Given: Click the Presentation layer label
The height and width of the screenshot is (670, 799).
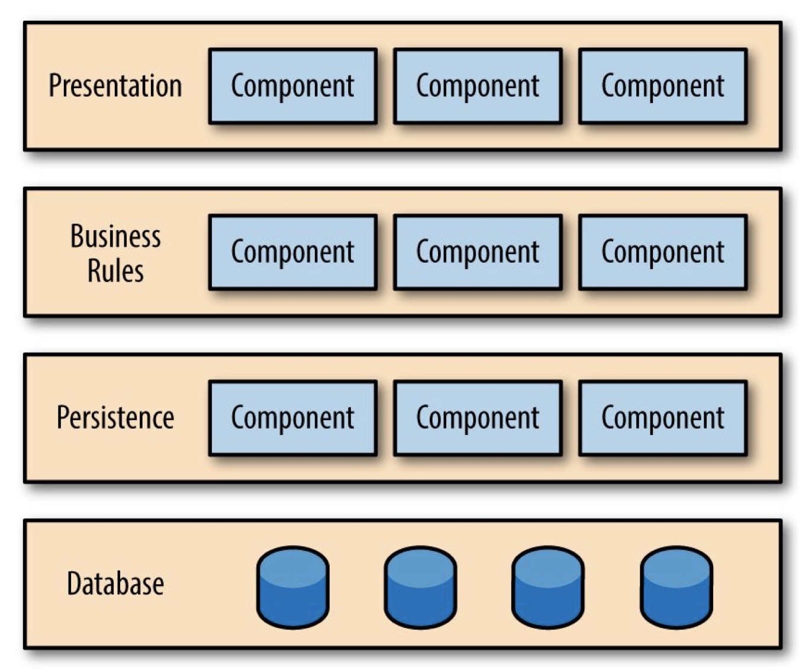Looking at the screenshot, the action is (115, 86).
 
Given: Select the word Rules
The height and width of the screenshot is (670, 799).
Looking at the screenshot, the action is (115, 270).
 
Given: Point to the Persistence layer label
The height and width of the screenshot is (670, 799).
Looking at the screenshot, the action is (115, 417).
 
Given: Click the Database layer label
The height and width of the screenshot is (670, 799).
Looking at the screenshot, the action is (115, 584).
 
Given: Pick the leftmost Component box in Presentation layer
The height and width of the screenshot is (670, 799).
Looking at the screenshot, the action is (293, 86).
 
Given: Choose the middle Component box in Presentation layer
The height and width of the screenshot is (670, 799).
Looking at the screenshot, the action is (478, 86).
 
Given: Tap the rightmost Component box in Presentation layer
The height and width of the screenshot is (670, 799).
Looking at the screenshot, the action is (663, 86).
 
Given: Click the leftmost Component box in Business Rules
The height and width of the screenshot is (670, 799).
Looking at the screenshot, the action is (293, 252).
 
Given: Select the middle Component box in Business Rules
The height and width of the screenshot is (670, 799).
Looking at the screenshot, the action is (478, 252).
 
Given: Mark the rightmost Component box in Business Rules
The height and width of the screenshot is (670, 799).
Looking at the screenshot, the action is (663, 252).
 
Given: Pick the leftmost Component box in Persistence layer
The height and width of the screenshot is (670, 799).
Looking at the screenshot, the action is (293, 418).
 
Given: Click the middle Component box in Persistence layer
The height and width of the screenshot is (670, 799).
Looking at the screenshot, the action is (478, 418).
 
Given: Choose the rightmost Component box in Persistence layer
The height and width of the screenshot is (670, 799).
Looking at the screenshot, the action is (663, 418).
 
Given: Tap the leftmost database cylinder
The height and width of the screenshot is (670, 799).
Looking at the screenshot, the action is (293, 587).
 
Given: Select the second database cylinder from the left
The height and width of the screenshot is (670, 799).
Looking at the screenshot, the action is (421, 587).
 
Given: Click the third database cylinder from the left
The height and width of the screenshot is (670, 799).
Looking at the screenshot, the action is (549, 587).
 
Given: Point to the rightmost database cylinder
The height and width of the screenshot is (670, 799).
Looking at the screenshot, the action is (676, 587).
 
